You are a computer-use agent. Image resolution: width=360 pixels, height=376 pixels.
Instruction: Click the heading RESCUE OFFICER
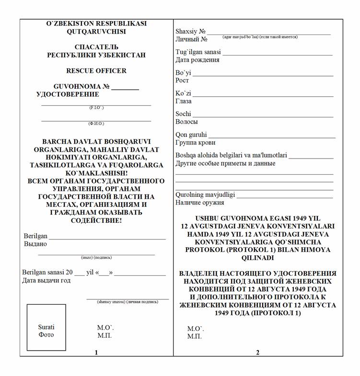(96, 71)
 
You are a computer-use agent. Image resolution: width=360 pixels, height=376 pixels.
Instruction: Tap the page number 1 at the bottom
(96, 353)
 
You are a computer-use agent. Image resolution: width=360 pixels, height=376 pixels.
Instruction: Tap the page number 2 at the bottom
(258, 353)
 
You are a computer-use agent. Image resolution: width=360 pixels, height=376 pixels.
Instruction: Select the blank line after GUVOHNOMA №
(125, 90)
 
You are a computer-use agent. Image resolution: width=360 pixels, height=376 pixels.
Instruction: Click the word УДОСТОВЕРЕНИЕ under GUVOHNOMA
(68, 94)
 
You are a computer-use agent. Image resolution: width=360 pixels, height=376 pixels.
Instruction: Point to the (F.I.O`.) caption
(96, 108)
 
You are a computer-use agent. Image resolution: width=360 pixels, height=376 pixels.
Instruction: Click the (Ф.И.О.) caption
(96, 124)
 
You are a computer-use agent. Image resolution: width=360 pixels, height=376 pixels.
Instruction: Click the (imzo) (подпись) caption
(96, 257)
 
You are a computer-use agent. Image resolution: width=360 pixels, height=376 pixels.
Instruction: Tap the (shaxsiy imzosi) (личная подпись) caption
(128, 302)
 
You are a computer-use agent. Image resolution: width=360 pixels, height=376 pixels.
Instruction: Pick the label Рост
(182, 80)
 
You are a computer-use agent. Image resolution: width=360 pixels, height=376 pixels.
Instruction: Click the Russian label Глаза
(184, 101)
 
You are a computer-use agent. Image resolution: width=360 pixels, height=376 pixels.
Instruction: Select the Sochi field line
(263, 117)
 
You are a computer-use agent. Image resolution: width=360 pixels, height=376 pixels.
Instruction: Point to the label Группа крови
(195, 143)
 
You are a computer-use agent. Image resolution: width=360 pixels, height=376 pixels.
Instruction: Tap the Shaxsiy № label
(190, 32)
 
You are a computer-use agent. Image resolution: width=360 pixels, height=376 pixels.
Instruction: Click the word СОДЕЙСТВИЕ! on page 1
(96, 221)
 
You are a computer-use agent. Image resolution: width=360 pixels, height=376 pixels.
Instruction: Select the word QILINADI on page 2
(258, 258)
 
